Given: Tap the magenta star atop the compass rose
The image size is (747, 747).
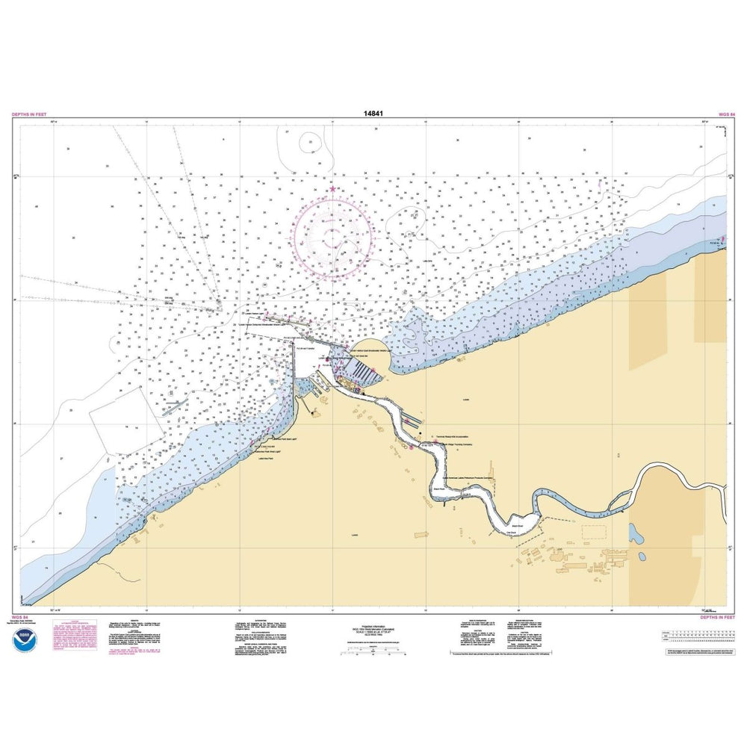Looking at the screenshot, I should click(x=332, y=189).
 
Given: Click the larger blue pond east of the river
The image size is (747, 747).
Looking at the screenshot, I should click(x=635, y=533).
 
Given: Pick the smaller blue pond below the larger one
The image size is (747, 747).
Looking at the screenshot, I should click(x=640, y=556).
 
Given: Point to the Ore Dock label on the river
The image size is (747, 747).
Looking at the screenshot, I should click(x=512, y=531).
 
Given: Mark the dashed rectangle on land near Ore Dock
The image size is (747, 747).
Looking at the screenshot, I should click(x=593, y=531).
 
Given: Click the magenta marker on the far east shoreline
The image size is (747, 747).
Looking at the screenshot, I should click(x=723, y=241).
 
